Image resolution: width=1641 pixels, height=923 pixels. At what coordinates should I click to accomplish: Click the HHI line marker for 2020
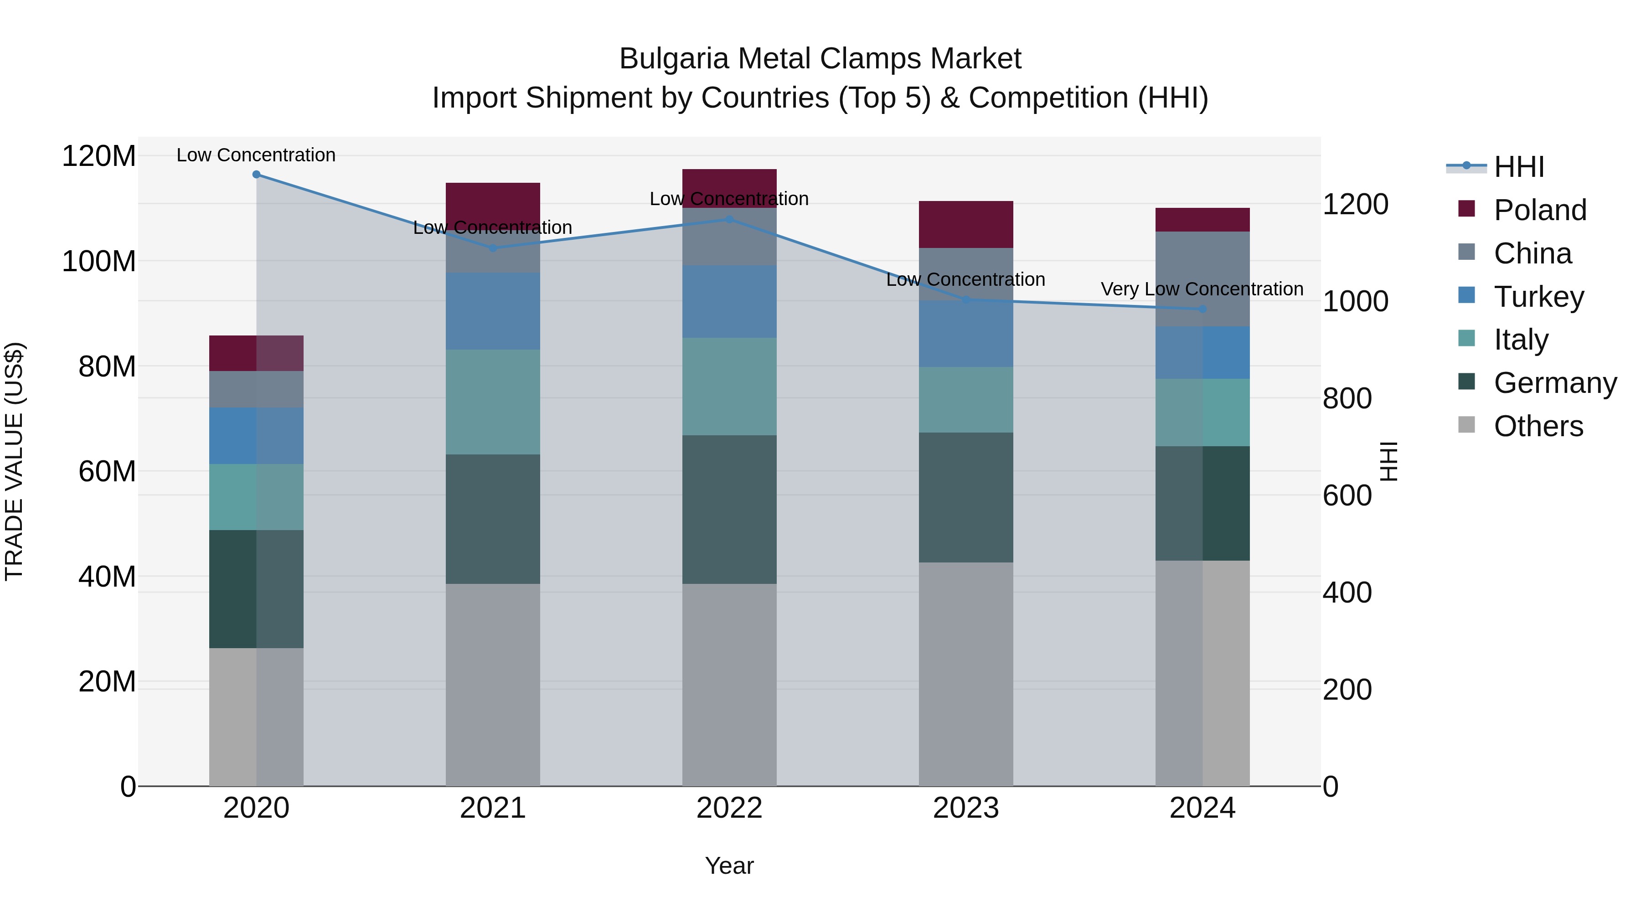click(256, 174)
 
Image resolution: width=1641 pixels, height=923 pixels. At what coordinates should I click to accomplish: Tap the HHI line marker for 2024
click(1202, 309)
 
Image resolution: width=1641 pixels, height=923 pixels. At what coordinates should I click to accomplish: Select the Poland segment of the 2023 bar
click(966, 224)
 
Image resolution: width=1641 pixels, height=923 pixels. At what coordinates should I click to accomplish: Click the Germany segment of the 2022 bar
click(729, 510)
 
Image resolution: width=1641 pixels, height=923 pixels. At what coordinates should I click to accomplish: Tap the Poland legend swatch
click(1466, 209)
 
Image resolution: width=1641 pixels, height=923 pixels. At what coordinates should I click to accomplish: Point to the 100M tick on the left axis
click(99, 262)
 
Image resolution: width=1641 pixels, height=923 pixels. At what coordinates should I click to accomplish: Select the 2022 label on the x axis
click(729, 808)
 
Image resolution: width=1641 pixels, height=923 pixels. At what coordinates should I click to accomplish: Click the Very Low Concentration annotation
click(1202, 289)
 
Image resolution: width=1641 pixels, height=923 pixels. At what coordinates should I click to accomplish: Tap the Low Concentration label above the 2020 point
click(256, 155)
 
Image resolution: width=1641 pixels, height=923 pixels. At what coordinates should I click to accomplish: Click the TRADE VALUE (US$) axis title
click(14, 461)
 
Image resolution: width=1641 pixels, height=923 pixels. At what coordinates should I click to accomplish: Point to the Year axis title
click(729, 866)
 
